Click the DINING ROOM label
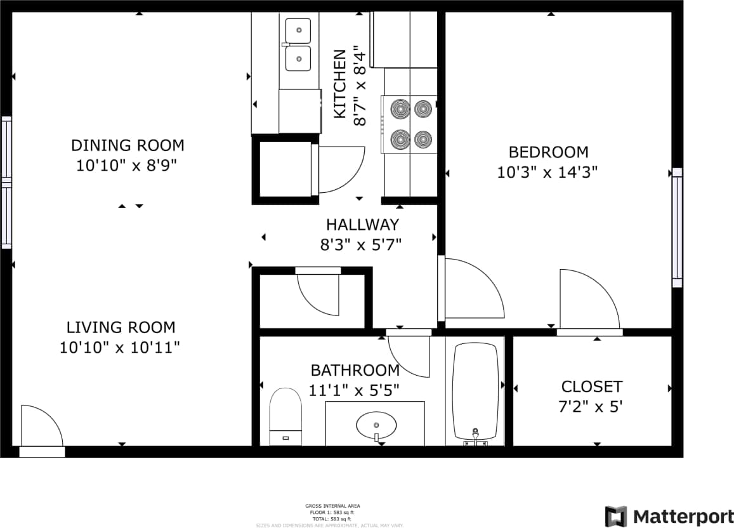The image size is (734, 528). (x=128, y=145)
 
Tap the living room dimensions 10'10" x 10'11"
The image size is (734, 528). (x=120, y=348)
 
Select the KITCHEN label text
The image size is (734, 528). (x=341, y=84)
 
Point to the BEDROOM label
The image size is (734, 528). (x=548, y=152)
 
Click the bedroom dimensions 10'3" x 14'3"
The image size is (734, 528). (x=548, y=172)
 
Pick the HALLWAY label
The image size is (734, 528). (x=362, y=225)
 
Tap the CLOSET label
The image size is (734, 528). (x=591, y=386)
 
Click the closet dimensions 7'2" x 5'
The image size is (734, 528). (x=591, y=407)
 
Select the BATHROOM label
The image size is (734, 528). (x=355, y=371)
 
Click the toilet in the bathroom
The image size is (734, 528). (x=285, y=415)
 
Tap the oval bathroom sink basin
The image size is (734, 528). (x=376, y=424)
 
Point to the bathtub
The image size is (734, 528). (x=475, y=390)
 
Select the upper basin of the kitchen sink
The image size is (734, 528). (x=298, y=30)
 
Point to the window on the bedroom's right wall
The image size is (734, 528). (x=677, y=227)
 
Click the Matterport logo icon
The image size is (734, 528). (x=615, y=517)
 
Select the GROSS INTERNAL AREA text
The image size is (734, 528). (x=332, y=506)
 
